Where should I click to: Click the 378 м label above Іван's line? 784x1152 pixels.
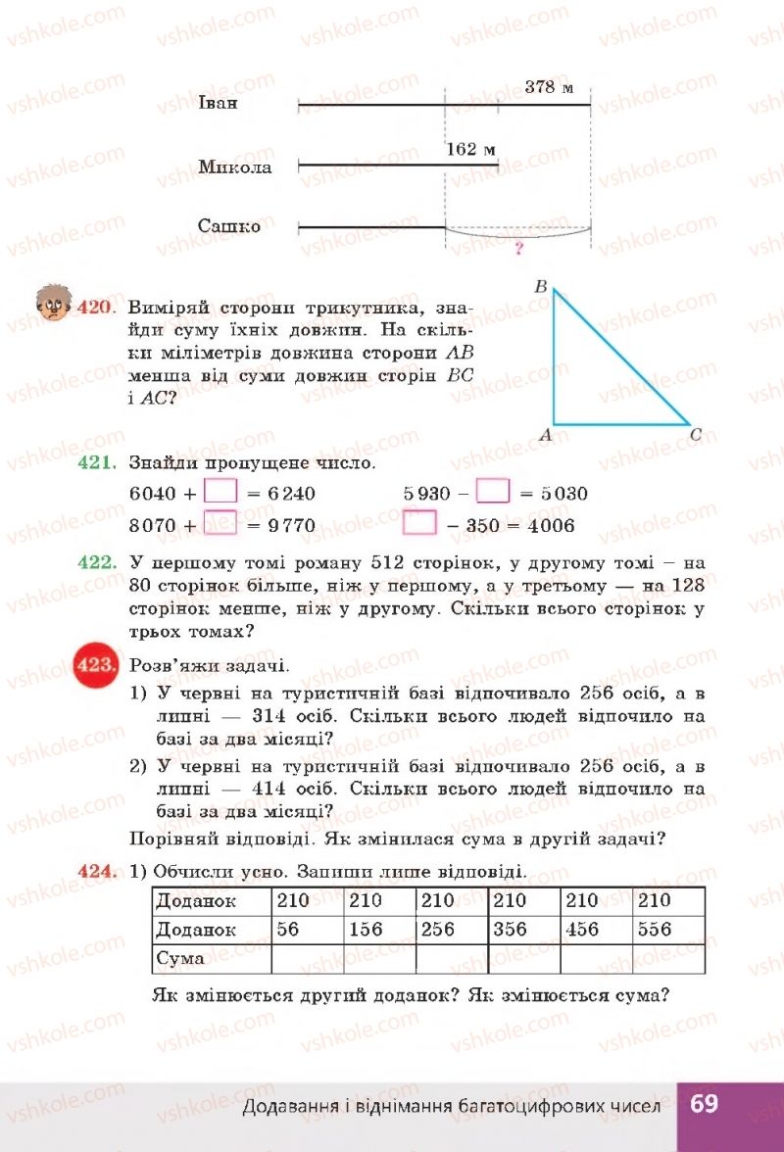(x=549, y=86)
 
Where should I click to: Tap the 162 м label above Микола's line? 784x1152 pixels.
(x=470, y=150)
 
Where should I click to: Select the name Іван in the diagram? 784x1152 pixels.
(x=218, y=103)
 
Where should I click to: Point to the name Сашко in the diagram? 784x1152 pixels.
(x=229, y=226)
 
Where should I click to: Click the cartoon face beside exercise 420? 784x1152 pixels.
(x=51, y=307)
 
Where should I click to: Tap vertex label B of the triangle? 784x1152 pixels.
(x=540, y=287)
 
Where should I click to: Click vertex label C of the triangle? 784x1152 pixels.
(x=695, y=434)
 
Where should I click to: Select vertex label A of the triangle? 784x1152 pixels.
(x=545, y=435)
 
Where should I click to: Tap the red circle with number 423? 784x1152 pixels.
(x=95, y=664)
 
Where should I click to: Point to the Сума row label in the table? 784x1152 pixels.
(x=180, y=958)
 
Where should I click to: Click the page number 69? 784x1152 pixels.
(x=704, y=1104)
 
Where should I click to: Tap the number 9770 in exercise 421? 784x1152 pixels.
(x=291, y=526)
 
